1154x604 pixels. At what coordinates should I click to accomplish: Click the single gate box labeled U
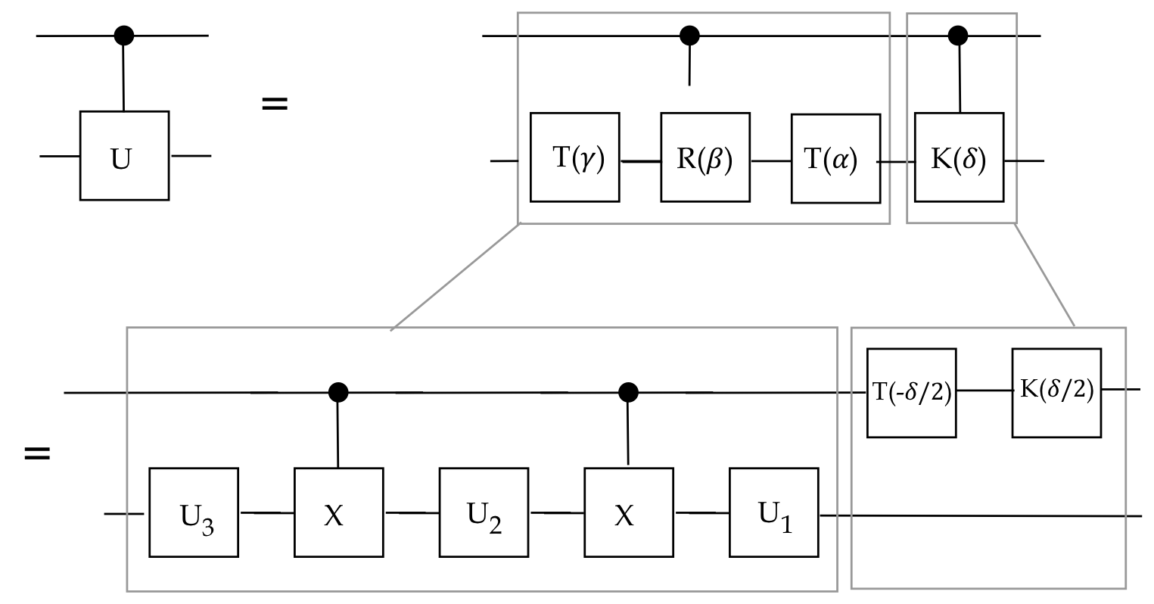coord(124,156)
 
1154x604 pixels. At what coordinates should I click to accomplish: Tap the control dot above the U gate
coord(123,35)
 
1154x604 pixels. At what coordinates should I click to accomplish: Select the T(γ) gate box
coord(575,157)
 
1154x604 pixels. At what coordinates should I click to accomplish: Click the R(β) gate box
coord(705,157)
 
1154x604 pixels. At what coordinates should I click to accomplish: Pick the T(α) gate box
coord(835,158)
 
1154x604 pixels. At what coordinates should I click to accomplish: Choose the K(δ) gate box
coord(959,157)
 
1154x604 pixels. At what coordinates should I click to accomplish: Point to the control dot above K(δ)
coord(959,35)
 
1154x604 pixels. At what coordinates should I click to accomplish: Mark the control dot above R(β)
coord(689,35)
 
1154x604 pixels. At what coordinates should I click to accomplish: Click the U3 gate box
coord(194,512)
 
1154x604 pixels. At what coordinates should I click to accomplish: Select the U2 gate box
coord(484,512)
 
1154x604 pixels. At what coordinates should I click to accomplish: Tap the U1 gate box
coord(774,512)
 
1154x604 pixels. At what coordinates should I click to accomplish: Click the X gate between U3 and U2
coord(339,512)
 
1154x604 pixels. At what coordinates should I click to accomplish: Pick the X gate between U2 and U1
coord(629,512)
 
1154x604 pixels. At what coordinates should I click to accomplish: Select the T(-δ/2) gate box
coord(911,393)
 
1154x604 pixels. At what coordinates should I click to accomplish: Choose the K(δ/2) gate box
coord(1056,393)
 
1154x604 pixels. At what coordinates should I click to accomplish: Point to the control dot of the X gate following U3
coord(338,392)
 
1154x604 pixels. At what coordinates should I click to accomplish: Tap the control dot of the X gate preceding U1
coord(628,392)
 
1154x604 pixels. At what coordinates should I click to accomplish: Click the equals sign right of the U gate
coord(275,103)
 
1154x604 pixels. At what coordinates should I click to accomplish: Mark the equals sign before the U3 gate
coord(37,453)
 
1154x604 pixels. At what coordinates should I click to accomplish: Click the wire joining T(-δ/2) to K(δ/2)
coord(984,391)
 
